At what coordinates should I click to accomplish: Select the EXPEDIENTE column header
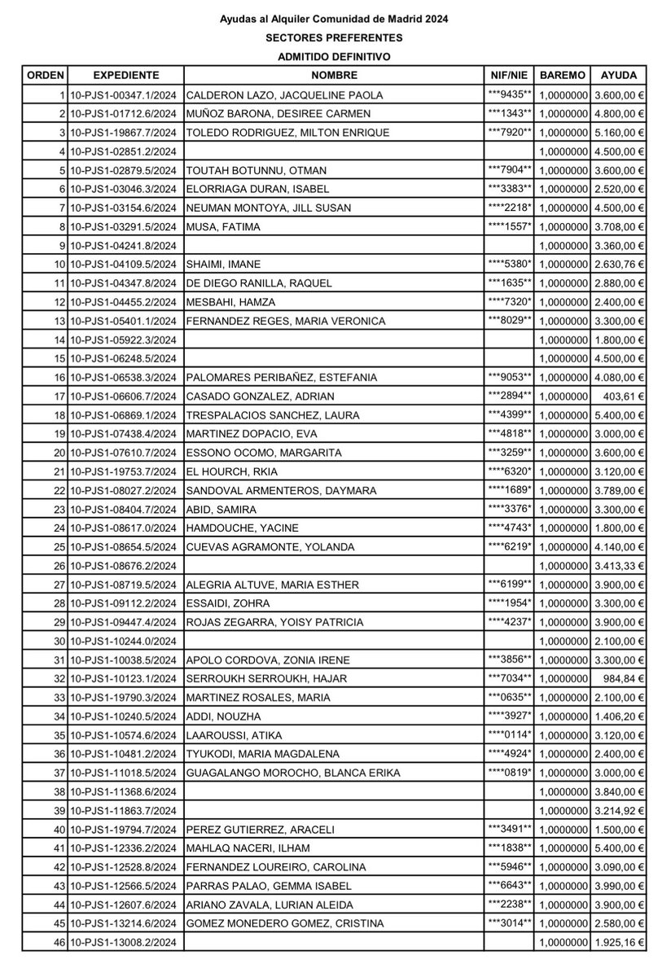[x=126, y=74]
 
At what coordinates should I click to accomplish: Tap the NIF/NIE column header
[x=510, y=74]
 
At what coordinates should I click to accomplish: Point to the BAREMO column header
[x=562, y=74]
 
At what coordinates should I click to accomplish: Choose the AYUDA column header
[x=618, y=74]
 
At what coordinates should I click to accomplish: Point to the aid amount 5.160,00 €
[x=618, y=132]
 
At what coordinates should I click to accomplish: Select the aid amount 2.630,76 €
[x=618, y=264]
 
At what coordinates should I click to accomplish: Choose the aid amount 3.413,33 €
[x=618, y=565]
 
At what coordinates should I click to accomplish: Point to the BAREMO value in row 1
[x=562, y=94]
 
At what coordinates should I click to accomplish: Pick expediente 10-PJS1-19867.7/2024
[x=126, y=132]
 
